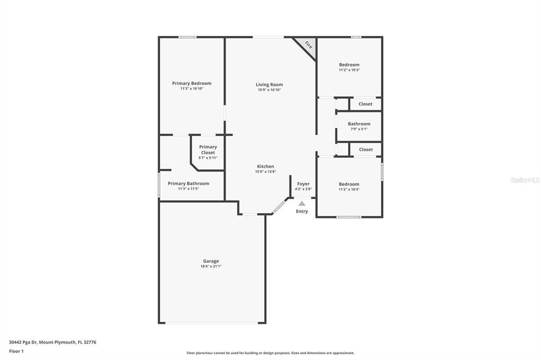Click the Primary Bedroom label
[x=191, y=83]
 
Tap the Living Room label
[x=269, y=84]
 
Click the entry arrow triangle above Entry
[x=302, y=203]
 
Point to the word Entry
[x=302, y=212]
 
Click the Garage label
[x=211, y=261]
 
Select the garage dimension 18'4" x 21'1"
[x=211, y=267]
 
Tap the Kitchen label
[x=265, y=166]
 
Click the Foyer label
[x=303, y=184]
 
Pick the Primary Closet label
[x=208, y=150]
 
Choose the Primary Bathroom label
[x=188, y=184]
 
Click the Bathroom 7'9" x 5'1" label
[x=359, y=124]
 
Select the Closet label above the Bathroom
[x=366, y=104]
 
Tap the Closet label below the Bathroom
[x=366, y=149]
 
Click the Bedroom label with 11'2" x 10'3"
[x=349, y=65]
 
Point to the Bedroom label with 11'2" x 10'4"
[x=349, y=184]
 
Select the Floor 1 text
[x=16, y=351]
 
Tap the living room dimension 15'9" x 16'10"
[x=269, y=90]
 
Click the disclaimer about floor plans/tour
[x=270, y=353]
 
